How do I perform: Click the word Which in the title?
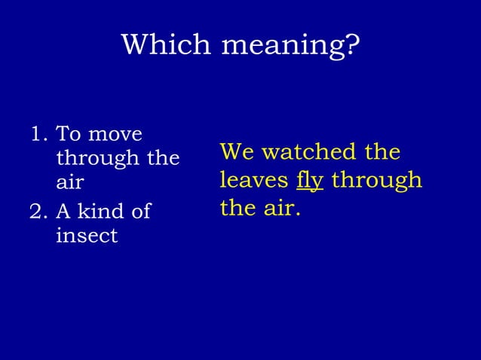click(166, 45)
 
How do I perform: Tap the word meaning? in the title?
click(290, 47)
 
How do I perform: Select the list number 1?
click(36, 136)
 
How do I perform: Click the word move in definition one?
click(115, 136)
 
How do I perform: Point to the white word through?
click(91, 160)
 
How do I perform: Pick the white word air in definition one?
click(69, 184)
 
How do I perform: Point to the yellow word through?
click(377, 182)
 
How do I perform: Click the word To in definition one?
click(69, 136)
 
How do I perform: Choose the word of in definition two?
click(141, 212)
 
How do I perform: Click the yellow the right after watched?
click(382, 153)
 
